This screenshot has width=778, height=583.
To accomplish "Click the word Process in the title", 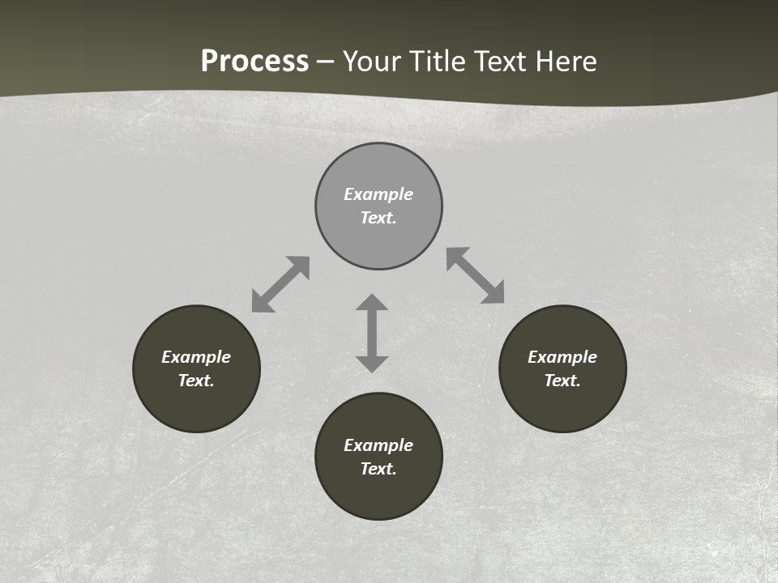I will pos(254,62).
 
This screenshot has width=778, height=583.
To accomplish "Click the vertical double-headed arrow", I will pos(372,333).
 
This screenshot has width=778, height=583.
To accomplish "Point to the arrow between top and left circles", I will pos(280,284).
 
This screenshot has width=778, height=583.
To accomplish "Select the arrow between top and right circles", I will pos(475,275).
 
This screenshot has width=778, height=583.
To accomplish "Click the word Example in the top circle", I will pos(378,194).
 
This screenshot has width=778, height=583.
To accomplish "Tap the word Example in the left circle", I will pos(196,357).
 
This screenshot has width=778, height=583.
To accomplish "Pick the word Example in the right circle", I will pos(562,357).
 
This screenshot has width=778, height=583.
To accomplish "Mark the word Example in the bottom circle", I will pos(378,445).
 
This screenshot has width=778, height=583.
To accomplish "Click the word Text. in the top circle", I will pos(378,218).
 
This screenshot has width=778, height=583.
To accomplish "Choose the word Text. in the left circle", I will pos(196,381).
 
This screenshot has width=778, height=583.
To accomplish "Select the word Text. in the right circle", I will pos(562,381).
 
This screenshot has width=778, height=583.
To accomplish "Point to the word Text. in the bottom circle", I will pos(378,469).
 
